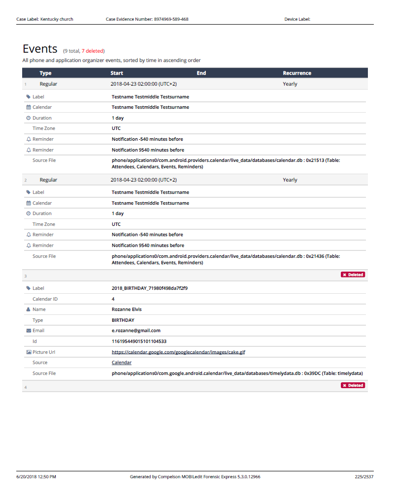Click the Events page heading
pyautogui.click(x=40, y=49)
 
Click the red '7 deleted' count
pyautogui.click(x=93, y=51)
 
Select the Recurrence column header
pyautogui.click(x=297, y=73)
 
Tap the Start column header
pyautogui.click(x=117, y=73)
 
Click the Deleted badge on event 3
pyautogui.click(x=353, y=275)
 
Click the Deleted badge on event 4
pyautogui.click(x=353, y=385)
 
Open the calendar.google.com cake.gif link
pyautogui.click(x=178, y=352)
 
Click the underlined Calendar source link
pyautogui.click(x=122, y=363)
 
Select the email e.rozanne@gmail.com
pyautogui.click(x=136, y=331)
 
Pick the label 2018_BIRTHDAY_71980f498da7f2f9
pyautogui.click(x=149, y=288)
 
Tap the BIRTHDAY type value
pyautogui.click(x=123, y=320)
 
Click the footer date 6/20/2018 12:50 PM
pyautogui.click(x=36, y=477)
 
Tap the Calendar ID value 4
pyautogui.click(x=113, y=299)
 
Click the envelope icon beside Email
pyautogui.click(x=29, y=331)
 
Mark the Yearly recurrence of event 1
pyautogui.click(x=290, y=84)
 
